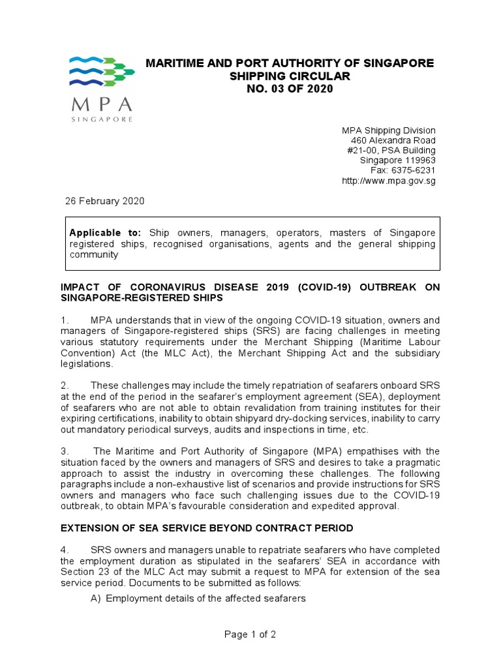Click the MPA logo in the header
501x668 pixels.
click(x=101, y=89)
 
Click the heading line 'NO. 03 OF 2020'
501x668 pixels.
click(x=289, y=89)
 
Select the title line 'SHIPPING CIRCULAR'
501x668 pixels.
click(x=289, y=76)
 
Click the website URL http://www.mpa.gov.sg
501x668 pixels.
click(x=388, y=181)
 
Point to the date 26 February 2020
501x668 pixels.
click(x=104, y=201)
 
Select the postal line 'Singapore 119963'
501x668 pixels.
click(x=398, y=160)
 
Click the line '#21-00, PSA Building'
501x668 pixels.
click(x=391, y=151)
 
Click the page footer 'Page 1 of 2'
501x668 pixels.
click(x=250, y=635)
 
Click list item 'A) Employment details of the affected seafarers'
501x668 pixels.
click(x=198, y=598)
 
